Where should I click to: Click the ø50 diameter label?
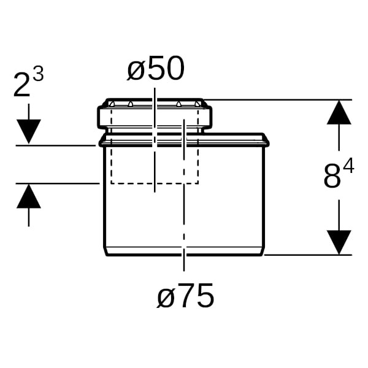point(156,69)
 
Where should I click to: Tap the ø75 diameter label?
point(185,295)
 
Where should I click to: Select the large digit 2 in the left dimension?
point(22,85)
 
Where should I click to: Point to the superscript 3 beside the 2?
point(38,74)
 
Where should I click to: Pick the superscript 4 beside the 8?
point(348,166)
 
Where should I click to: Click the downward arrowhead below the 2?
point(29,131)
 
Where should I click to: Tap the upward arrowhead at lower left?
point(29,196)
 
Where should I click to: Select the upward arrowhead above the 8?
point(339,112)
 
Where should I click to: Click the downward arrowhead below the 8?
point(339,242)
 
